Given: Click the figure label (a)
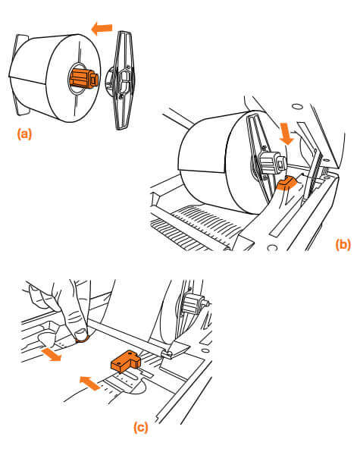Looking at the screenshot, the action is pyautogui.click(x=24, y=134).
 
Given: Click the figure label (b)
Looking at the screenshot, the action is pyautogui.click(x=343, y=244).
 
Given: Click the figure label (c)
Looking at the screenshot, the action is pyautogui.click(x=141, y=428).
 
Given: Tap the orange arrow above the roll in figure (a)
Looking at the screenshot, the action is pyautogui.click(x=102, y=29).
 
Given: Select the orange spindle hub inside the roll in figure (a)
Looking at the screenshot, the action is pyautogui.click(x=83, y=78).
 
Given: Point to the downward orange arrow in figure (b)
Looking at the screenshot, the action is pyautogui.click(x=287, y=133).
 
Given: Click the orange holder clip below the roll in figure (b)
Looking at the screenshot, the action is pyautogui.click(x=286, y=183).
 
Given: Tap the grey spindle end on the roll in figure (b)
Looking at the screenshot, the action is pyautogui.click(x=272, y=163).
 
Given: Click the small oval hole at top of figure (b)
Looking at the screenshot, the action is pyautogui.click(x=297, y=106).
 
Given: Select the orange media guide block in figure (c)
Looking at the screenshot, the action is pyautogui.click(x=126, y=361).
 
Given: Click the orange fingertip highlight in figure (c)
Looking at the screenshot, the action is pyautogui.click(x=82, y=339).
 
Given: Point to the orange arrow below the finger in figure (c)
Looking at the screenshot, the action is pyautogui.click(x=52, y=355).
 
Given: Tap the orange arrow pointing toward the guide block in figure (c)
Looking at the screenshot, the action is pyautogui.click(x=90, y=383).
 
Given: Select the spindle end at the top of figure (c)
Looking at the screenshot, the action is pyautogui.click(x=194, y=303).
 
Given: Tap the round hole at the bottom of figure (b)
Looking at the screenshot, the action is pyautogui.click(x=272, y=248).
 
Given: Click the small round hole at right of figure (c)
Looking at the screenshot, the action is pyautogui.click(x=205, y=350).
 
